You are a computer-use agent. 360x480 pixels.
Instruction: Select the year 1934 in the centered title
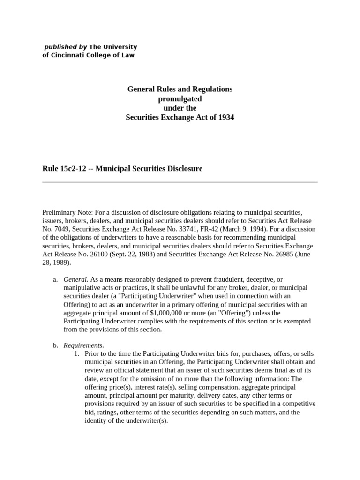(x=225, y=118)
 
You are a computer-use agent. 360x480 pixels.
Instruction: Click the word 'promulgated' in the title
(x=180, y=98)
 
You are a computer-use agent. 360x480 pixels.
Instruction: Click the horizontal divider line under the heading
(x=180, y=182)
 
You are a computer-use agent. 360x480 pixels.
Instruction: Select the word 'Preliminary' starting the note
(x=59, y=212)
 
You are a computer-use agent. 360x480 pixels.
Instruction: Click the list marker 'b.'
(x=55, y=345)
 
